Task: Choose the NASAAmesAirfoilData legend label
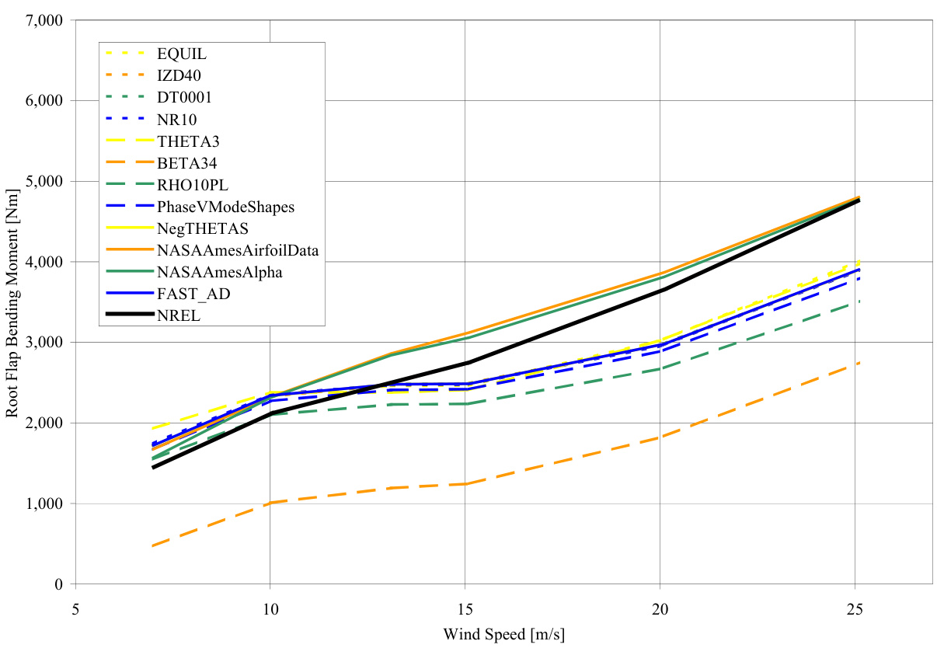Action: click(x=228, y=250)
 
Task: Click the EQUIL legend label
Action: click(x=181, y=54)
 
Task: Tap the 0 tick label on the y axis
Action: click(x=57, y=584)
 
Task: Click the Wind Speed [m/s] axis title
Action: click(x=503, y=634)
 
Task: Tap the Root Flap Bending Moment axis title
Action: click(x=13, y=302)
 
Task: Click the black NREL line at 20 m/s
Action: click(x=660, y=290)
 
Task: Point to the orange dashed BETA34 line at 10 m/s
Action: click(x=270, y=503)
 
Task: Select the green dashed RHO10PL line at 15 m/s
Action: click(x=465, y=404)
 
